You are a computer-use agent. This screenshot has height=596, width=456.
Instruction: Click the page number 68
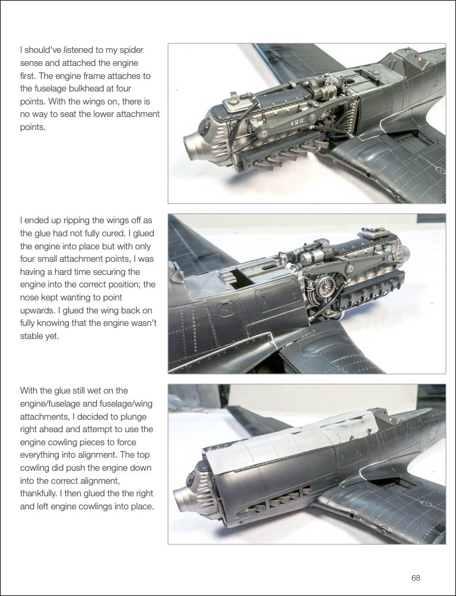[416, 578]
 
